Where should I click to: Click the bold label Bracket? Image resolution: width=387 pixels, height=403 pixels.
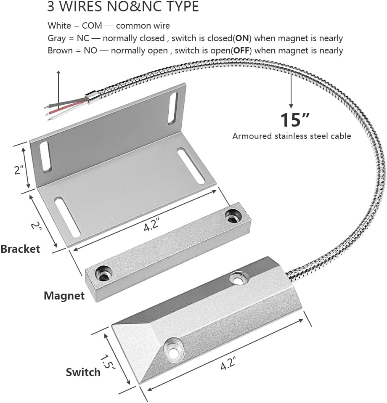coord(20,249)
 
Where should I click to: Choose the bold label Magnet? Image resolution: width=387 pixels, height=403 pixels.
coord(64,296)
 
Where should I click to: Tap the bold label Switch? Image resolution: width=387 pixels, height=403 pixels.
coord(83,372)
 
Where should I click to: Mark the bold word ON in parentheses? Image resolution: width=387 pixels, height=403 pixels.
coord(242,38)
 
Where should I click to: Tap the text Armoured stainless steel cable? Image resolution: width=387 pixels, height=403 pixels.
coord(292,136)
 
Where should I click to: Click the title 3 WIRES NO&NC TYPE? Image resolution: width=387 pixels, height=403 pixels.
coord(123,7)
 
